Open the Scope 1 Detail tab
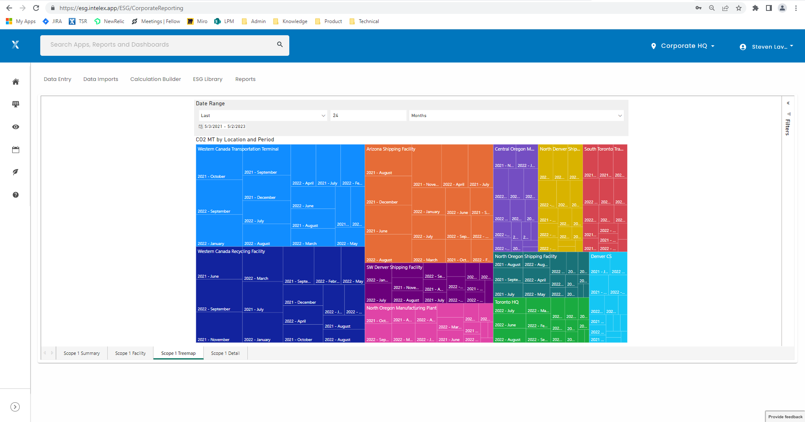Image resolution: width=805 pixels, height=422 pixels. click(225, 353)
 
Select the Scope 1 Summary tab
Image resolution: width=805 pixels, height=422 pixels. click(82, 353)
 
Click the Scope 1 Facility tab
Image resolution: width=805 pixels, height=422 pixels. click(130, 353)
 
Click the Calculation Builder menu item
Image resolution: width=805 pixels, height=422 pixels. click(156, 79)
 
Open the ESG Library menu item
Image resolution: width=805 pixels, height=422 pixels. click(208, 79)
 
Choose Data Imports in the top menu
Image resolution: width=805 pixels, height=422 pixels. click(101, 79)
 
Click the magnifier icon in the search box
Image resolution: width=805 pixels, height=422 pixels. click(280, 44)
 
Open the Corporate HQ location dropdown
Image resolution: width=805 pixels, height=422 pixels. click(684, 46)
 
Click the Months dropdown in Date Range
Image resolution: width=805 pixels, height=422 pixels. click(516, 116)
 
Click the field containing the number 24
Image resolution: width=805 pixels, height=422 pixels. click(368, 116)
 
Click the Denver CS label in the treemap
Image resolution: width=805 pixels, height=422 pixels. click(601, 256)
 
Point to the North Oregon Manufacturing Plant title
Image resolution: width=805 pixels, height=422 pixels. click(401, 308)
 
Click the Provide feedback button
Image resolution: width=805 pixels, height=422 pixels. click(785, 417)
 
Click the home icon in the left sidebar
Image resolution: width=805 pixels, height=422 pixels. click(16, 82)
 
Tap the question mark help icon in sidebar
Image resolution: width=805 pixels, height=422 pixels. click(16, 195)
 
